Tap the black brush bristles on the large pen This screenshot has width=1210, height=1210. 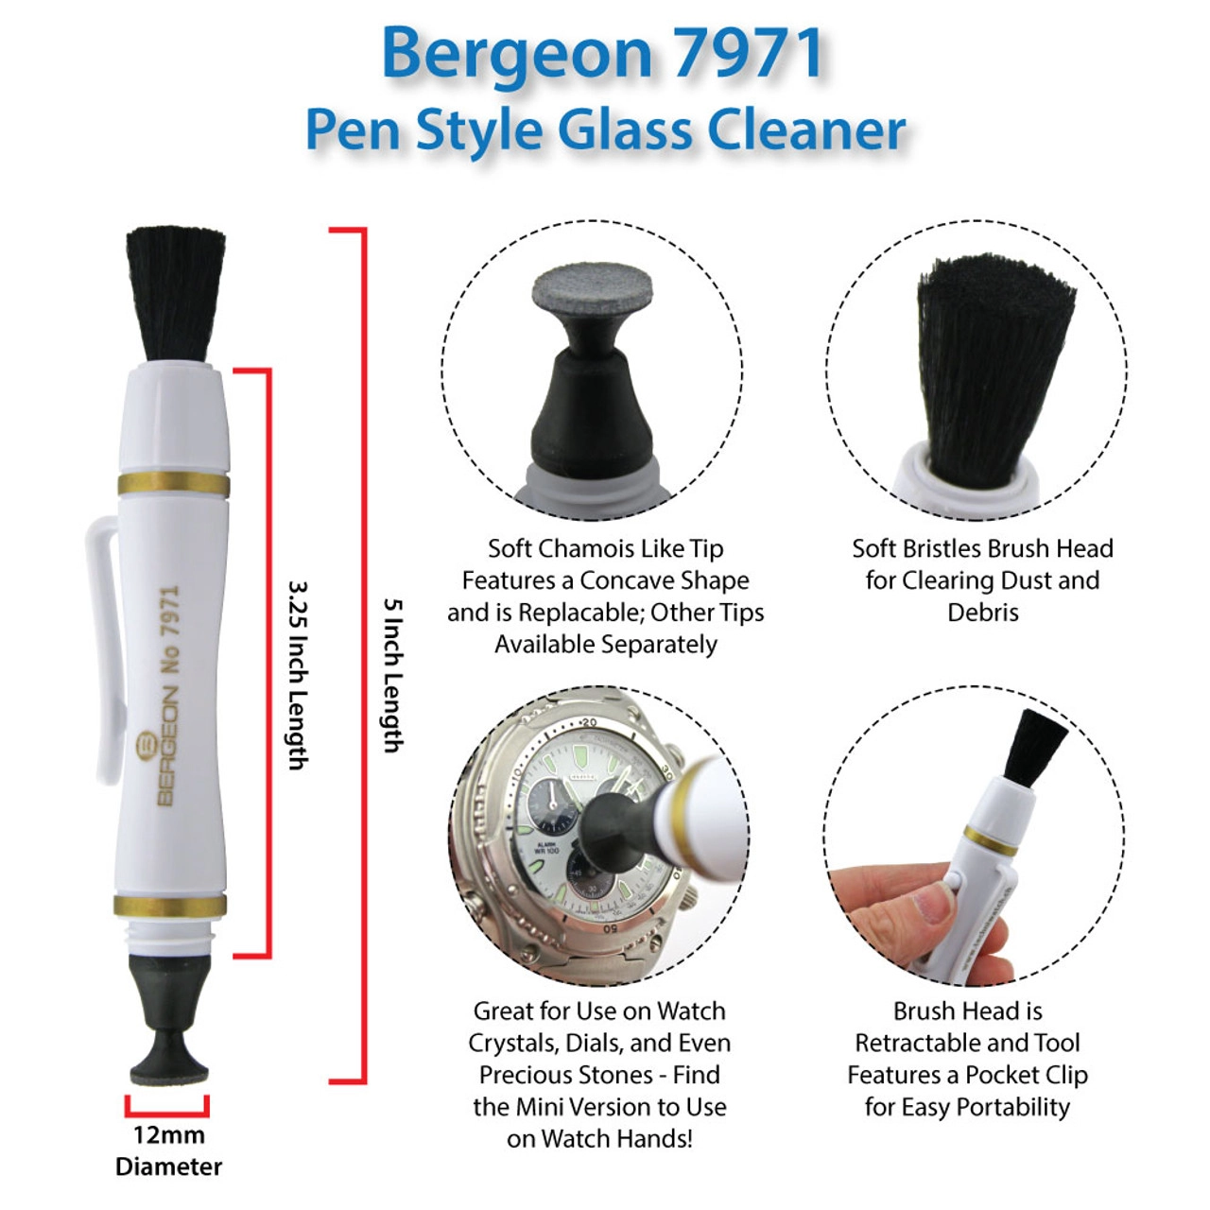tap(175, 295)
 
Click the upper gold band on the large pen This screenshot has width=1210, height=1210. tap(173, 484)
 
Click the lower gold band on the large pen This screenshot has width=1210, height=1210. tap(170, 907)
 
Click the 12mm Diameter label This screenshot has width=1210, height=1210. tap(169, 1152)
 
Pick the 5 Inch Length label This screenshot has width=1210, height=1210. tap(393, 675)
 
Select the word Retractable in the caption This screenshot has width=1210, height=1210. tap(921, 1044)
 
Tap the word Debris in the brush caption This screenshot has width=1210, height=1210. tap(983, 613)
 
